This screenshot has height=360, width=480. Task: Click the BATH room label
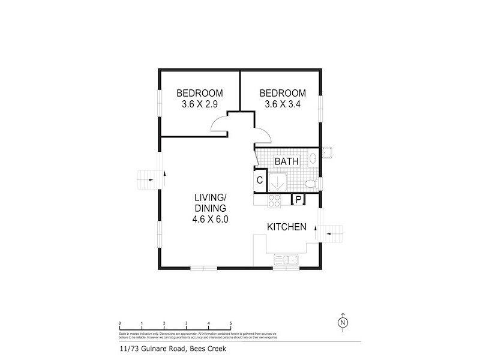pyautogui.click(x=286, y=161)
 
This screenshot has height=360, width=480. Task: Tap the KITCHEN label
pyautogui.click(x=287, y=227)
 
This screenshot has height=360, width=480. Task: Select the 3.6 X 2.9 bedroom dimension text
pyautogui.click(x=199, y=104)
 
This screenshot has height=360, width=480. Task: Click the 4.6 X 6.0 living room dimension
pyautogui.click(x=210, y=219)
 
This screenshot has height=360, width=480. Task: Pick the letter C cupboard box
pyautogui.click(x=260, y=180)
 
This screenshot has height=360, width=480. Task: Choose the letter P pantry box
pyautogui.click(x=298, y=200)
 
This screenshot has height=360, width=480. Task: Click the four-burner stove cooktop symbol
pyautogui.click(x=274, y=201)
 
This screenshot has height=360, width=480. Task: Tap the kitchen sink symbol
pyautogui.click(x=287, y=260)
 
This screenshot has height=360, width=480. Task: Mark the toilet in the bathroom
pyautogui.click(x=310, y=183)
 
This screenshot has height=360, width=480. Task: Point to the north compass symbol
pyautogui.click(x=343, y=322)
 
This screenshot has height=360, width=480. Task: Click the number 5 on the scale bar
pyautogui.click(x=230, y=323)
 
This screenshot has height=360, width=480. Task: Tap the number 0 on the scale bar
pyautogui.click(x=120, y=323)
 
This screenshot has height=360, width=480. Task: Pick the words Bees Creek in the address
pyautogui.click(x=211, y=348)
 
